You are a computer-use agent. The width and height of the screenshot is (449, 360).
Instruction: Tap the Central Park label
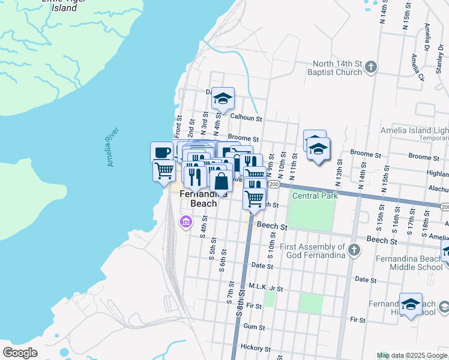(x=315, y=196)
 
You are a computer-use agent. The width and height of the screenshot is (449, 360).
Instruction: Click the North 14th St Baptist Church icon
(x=371, y=67)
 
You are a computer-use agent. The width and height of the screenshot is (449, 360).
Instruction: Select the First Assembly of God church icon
(x=354, y=250)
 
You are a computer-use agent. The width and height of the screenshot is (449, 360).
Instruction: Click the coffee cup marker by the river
(x=161, y=152)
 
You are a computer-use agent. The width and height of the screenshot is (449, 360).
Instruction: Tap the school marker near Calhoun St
(x=223, y=98)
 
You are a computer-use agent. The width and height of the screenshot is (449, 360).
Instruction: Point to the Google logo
(x=20, y=352)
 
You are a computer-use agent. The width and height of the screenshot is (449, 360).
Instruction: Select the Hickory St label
(x=255, y=348)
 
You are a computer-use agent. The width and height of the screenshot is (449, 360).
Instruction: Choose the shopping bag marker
(x=221, y=180)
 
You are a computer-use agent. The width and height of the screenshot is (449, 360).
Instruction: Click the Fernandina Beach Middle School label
(x=418, y=263)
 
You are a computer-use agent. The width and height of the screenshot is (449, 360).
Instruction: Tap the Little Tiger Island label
(x=63, y=5)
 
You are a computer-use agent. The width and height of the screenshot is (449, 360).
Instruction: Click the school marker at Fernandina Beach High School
(x=411, y=305)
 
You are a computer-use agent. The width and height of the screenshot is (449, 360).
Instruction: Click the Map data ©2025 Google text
(x=411, y=355)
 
